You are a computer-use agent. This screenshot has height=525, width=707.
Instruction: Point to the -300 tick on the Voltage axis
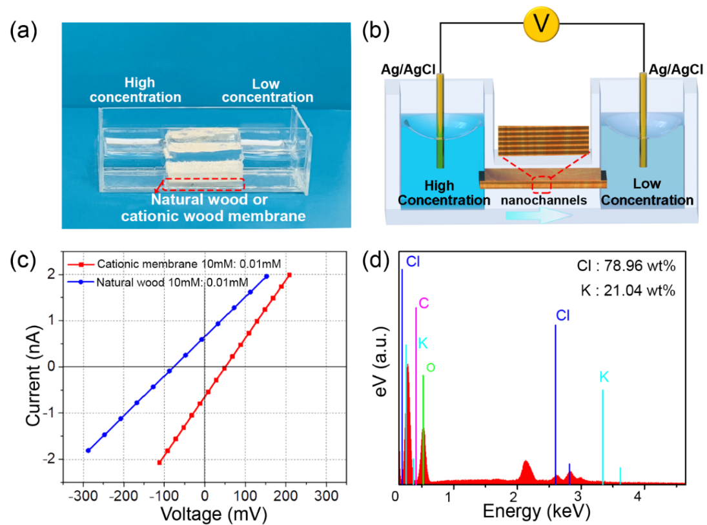coord(83,496)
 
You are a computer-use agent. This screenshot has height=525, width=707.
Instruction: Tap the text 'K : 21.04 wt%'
coord(626,290)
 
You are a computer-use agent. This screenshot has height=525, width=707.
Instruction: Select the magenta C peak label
coord(424,303)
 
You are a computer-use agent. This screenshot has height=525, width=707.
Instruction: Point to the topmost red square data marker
coord(289,275)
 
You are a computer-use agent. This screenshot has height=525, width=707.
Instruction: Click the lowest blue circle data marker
coord(88,450)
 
